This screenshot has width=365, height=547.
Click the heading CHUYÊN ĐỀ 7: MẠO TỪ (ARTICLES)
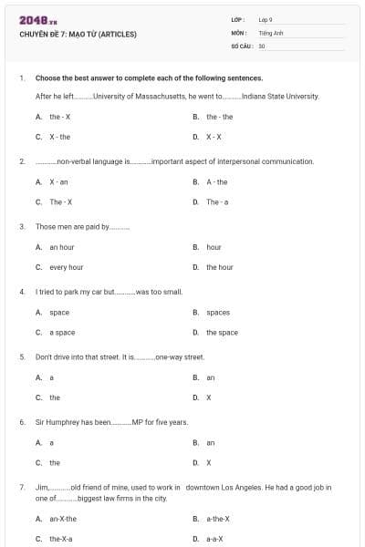pos(78,35)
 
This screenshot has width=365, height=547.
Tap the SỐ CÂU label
pos(242,45)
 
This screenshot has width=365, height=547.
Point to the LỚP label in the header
pos(239,19)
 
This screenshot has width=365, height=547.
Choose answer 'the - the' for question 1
pos(219,117)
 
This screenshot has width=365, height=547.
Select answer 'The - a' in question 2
pos(217,201)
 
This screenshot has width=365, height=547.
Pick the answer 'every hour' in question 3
pos(66,267)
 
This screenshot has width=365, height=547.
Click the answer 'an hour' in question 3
pos(62,247)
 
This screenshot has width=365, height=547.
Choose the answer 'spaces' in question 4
pos(218,312)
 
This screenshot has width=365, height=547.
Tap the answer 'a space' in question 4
pos(62,333)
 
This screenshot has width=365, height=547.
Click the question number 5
pos(22,356)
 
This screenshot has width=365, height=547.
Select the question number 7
pos(22,488)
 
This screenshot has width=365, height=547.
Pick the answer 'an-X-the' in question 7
pos(63,519)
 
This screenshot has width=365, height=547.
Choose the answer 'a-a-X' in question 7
pos(214,539)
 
